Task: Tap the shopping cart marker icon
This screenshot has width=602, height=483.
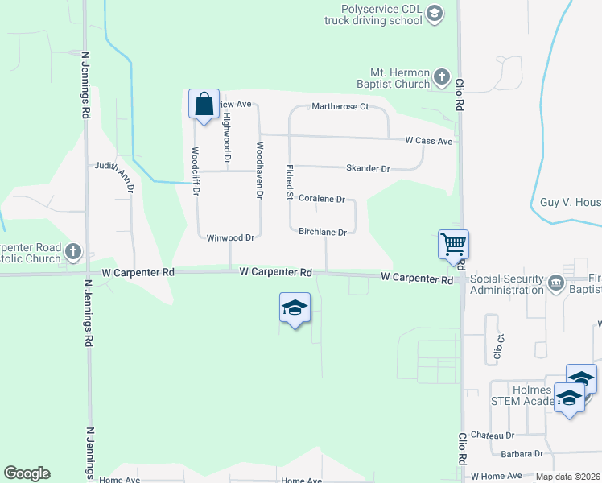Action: coord(454,244)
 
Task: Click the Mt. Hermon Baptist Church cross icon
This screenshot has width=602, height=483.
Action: coord(441,77)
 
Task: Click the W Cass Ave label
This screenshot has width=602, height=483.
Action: coord(429,141)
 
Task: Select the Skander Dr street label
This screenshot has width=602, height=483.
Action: coord(367,169)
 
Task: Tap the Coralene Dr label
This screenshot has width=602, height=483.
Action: coord(321,199)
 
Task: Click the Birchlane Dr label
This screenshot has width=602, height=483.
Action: coord(322,233)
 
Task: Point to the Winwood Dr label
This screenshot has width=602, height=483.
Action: coord(230,238)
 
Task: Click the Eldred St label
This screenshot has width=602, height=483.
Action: coord(288,183)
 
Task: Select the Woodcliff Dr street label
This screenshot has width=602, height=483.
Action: coord(196,171)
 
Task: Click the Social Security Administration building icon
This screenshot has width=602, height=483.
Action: coord(555,283)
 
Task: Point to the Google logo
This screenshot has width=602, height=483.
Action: coord(27,473)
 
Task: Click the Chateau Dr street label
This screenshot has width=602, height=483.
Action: coord(492,436)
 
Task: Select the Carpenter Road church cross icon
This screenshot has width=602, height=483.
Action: coord(73,252)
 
